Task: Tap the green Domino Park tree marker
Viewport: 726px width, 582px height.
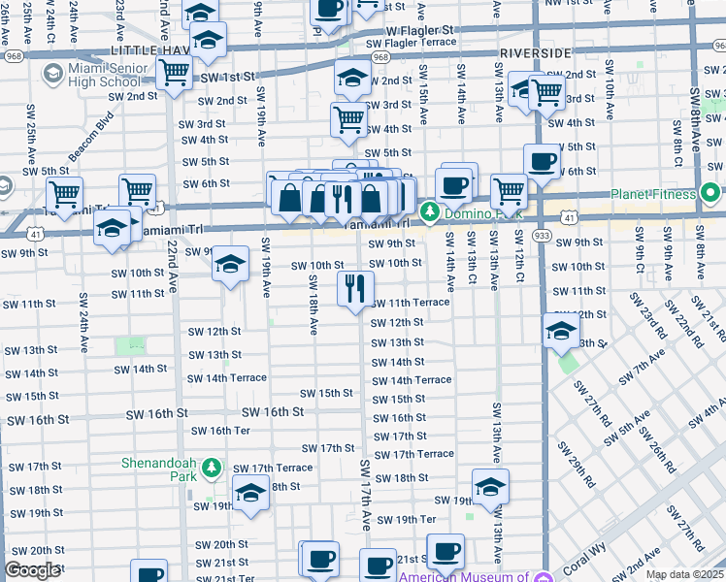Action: click(x=429, y=210)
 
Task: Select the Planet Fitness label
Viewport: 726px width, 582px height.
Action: click(x=655, y=193)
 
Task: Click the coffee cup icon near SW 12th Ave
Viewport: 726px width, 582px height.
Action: click(x=542, y=160)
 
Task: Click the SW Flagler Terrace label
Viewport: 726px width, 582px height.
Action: click(x=411, y=43)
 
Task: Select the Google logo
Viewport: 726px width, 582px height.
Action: click(x=32, y=570)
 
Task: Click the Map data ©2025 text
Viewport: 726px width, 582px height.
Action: click(x=683, y=574)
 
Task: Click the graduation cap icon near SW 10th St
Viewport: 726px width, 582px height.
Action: click(x=230, y=264)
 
